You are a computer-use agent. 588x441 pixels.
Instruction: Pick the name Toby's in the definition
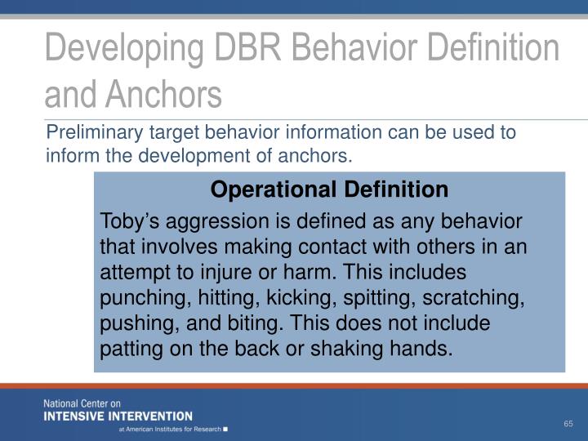(127, 222)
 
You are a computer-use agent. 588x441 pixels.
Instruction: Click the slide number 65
(568, 423)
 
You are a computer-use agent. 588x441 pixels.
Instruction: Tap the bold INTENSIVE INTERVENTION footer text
(118, 416)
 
